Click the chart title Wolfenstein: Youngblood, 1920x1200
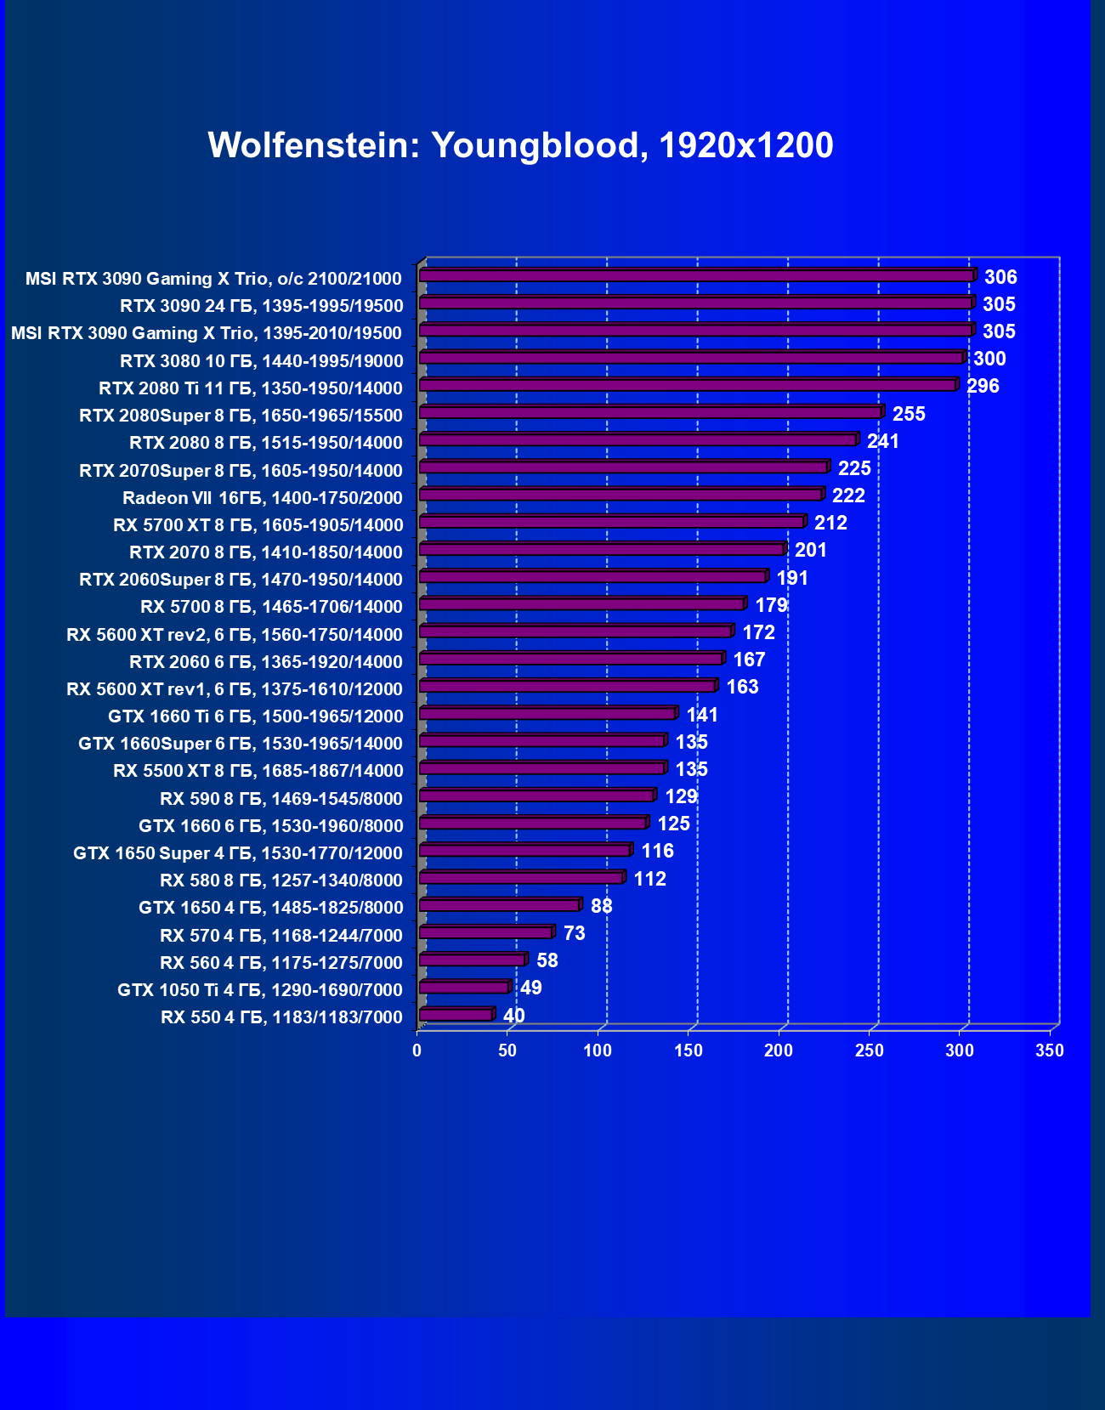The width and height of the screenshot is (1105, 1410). tap(520, 145)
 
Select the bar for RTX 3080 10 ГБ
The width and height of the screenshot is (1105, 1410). tap(692, 358)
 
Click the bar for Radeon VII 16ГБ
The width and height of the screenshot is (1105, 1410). tap(620, 495)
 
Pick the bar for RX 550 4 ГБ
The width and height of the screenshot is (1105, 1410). tap(456, 1015)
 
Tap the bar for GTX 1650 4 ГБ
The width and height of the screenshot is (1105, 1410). tap(500, 905)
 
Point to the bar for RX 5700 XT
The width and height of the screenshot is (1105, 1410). tap(612, 522)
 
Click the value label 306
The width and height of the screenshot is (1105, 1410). tap(1000, 277)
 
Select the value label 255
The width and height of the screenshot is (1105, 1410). tap(909, 414)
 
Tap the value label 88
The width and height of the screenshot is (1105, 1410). tap(601, 906)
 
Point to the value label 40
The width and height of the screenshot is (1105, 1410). tap(513, 1016)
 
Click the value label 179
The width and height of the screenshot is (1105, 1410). tap(771, 605)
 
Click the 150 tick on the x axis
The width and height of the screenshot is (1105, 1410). tap(688, 1050)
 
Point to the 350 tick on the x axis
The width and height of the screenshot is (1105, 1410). tap(1050, 1050)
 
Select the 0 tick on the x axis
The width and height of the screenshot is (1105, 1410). tap(416, 1050)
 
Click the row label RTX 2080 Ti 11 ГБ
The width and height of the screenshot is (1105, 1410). tap(251, 388)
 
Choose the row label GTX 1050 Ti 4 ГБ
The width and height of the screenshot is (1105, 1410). tap(260, 990)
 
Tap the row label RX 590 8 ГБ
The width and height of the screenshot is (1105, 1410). tap(281, 799)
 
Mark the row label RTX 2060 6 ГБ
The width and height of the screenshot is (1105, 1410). tap(266, 662)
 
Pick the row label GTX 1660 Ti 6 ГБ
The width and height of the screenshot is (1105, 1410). tap(256, 716)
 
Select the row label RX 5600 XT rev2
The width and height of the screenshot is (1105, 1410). tap(235, 635)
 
